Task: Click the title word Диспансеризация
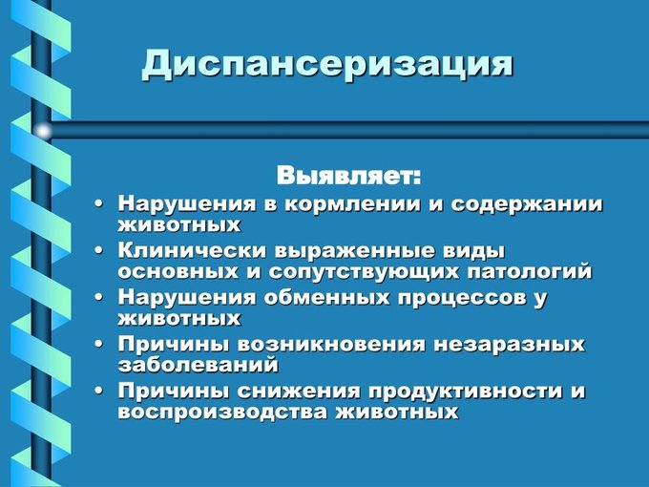tap(327, 64)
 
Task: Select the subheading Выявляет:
tap(349, 176)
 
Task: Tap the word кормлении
tap(352, 204)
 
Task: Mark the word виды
tap(475, 252)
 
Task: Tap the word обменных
tap(326, 298)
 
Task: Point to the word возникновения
tap(332, 345)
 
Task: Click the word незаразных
tap(510, 346)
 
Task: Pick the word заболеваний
tap(198, 365)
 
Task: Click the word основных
tap(178, 272)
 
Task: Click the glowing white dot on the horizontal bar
tap(43, 132)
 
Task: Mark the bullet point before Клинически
tap(98, 251)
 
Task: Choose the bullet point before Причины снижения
tap(98, 391)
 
